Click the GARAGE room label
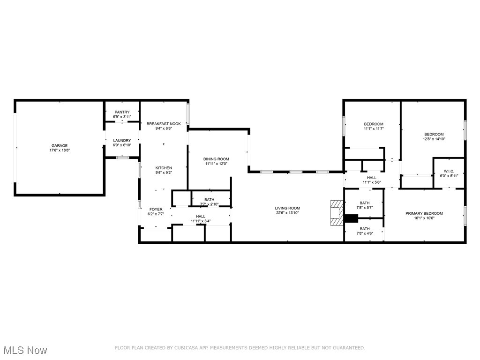[x=60, y=146]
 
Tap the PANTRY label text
[x=122, y=112]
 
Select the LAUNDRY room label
[x=122, y=140]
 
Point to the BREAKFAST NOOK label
[x=164, y=124]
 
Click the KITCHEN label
[x=164, y=168]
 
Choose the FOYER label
[x=156, y=209]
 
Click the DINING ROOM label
[x=216, y=159]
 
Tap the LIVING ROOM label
[x=287, y=208]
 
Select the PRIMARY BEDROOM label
[x=424, y=213]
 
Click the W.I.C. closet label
[x=449, y=171]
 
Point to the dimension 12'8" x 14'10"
[x=434, y=139]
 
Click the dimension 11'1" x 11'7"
[x=374, y=128]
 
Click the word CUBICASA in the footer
[x=187, y=348]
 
